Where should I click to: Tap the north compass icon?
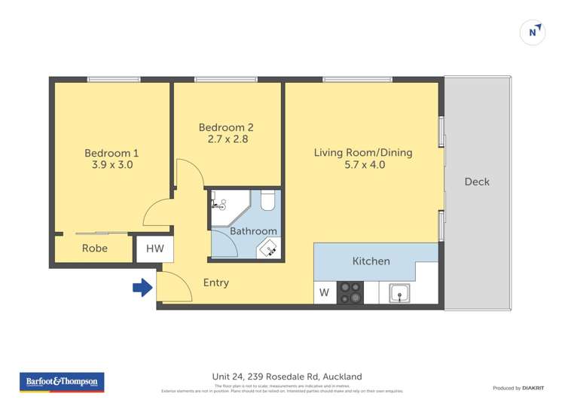(x=533, y=32)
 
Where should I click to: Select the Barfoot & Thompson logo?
(x=62, y=383)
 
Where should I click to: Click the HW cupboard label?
(x=154, y=249)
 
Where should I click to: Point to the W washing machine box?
(x=324, y=293)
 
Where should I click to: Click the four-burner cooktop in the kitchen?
(x=350, y=293)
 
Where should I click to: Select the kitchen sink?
(x=399, y=293)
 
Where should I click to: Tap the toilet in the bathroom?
(x=267, y=201)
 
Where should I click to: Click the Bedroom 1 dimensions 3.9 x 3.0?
(x=111, y=165)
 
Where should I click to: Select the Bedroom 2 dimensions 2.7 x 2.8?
(x=228, y=139)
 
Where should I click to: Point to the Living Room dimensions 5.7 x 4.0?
(x=364, y=165)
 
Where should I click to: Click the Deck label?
(x=477, y=182)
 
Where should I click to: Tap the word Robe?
(x=95, y=249)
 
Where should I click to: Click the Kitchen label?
(x=371, y=261)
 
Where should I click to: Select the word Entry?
(x=216, y=283)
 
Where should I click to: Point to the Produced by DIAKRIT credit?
(x=518, y=388)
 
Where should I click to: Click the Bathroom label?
(x=253, y=231)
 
